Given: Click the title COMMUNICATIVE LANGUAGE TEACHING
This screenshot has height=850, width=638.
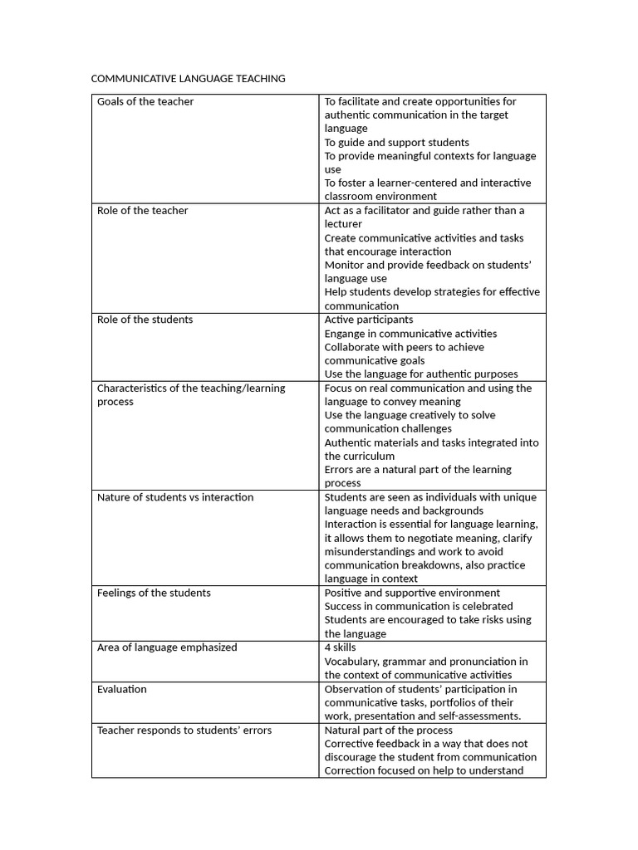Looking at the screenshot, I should [188, 79].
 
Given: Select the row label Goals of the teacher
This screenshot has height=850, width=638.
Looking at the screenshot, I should [145, 101].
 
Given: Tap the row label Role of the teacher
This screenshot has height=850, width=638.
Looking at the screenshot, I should [143, 211].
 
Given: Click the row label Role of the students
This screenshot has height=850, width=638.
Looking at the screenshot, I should [145, 320].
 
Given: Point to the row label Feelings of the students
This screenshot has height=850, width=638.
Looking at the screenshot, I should [154, 593].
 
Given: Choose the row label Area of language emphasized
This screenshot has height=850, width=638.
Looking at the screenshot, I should [167, 647].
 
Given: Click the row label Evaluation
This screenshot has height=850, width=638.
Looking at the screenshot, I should [122, 689].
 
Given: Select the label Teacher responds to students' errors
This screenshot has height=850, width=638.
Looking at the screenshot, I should [184, 730].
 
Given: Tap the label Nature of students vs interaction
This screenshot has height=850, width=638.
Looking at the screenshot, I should [175, 497].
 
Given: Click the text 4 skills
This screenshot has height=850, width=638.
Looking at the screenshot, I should [340, 647].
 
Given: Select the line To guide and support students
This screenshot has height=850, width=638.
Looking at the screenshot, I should [396, 142].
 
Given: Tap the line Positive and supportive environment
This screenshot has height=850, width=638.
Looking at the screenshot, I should [412, 593].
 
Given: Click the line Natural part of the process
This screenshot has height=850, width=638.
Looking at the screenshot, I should [388, 730].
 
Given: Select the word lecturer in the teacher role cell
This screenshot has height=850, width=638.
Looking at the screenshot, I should [343, 224].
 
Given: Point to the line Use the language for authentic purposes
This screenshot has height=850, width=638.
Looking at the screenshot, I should [420, 374].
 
